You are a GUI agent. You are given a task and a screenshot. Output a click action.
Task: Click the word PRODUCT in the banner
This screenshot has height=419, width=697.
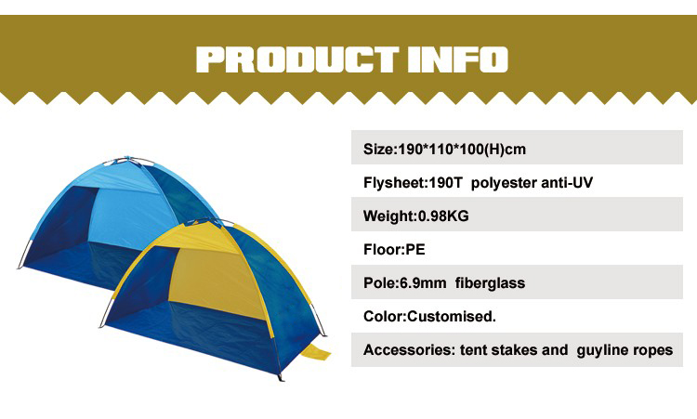coord(297,59)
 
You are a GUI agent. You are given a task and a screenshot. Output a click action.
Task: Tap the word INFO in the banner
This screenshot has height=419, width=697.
coord(458,59)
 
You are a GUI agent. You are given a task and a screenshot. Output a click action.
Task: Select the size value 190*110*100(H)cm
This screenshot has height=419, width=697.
coord(462,149)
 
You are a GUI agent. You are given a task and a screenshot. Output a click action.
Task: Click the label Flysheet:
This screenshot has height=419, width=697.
coord(395,183)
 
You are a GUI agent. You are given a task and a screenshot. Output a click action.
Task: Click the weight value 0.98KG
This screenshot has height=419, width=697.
coord(443,216)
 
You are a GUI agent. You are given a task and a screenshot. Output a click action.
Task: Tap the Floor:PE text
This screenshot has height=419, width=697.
coord(394,249)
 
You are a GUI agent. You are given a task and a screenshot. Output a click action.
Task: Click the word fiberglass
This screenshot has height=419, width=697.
coord(490,283)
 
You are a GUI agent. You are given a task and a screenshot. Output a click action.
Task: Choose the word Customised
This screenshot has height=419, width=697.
coord(451,317)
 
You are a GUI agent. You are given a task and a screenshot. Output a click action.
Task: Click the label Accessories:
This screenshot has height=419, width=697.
coord(410,350)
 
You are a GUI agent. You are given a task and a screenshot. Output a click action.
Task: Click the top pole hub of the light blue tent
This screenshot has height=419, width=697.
coord(127,159)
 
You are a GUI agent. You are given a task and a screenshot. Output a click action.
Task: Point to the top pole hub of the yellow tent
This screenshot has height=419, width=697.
coord(205,221)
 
